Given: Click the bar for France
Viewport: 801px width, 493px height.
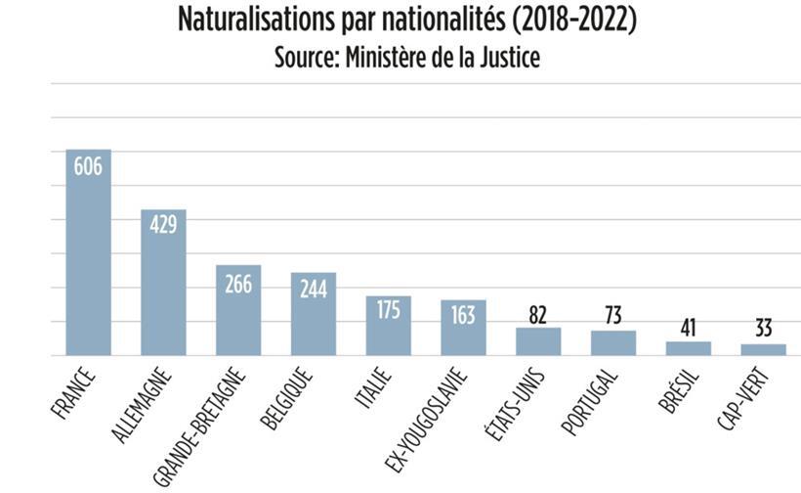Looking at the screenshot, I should [88, 254].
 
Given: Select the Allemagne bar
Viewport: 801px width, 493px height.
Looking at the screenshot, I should [163, 284].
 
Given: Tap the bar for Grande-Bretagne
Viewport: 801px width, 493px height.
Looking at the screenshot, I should [238, 311].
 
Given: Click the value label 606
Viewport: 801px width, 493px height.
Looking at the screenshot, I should [88, 166].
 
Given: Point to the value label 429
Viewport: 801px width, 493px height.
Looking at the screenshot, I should [163, 225].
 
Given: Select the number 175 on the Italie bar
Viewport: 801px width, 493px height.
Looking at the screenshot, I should [389, 310].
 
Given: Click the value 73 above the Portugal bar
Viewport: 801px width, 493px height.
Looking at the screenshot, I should [613, 317].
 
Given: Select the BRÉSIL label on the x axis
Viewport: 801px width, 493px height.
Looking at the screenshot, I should [674, 388].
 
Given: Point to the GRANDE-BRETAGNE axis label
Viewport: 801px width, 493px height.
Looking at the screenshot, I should [200, 421].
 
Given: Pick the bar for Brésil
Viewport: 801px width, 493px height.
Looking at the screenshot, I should [688, 348].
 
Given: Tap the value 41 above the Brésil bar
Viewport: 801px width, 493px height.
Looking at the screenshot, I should [688, 327].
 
